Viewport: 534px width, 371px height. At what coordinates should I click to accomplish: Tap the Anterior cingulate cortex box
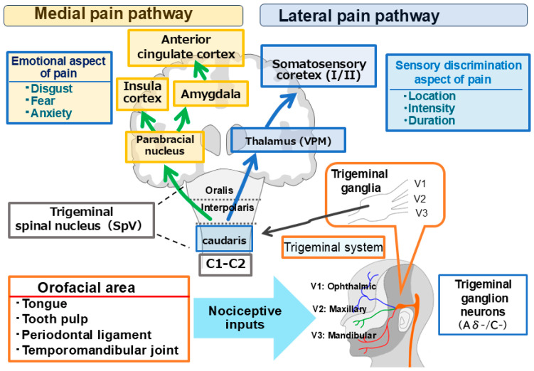[x=186, y=48]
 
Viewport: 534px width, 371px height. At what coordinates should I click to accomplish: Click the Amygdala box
[x=210, y=94]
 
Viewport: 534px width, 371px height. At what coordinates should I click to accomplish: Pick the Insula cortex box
[x=142, y=94]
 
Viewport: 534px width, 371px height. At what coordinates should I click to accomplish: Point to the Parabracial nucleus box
[x=165, y=146]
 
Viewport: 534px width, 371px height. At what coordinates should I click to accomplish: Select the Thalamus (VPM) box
[x=288, y=140]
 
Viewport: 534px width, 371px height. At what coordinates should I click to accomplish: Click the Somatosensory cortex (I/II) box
[x=319, y=66]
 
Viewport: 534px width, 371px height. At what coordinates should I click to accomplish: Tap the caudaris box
[x=224, y=239]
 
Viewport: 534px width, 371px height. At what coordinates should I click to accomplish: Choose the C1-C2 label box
[x=225, y=264]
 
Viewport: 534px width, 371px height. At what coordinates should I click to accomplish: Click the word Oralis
[x=219, y=190]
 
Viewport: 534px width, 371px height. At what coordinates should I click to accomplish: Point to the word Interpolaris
[x=228, y=208]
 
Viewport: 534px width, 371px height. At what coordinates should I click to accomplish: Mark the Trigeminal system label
[x=333, y=247]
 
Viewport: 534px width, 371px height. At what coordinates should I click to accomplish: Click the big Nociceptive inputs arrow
[x=254, y=318]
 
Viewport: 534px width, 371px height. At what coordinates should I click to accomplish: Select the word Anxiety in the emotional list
[x=51, y=113]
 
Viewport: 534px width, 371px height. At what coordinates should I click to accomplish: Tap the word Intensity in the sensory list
[x=431, y=108]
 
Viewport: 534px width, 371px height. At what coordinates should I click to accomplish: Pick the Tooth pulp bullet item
[x=55, y=319]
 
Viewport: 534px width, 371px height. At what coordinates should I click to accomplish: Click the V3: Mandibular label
[x=343, y=335]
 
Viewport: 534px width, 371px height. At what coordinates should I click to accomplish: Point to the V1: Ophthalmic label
[x=343, y=286]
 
